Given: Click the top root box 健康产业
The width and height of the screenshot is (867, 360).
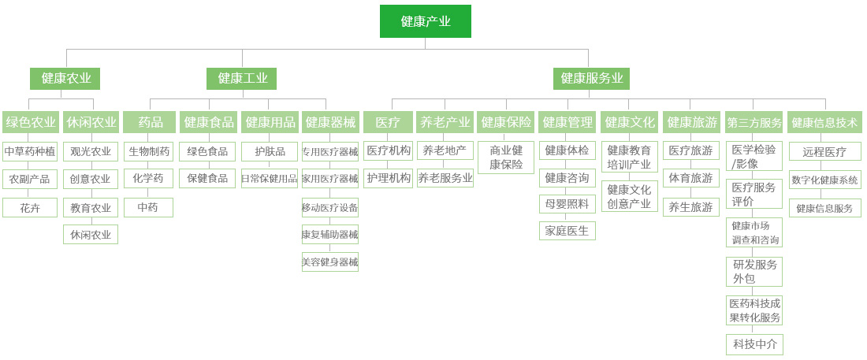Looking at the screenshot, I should point(425,21).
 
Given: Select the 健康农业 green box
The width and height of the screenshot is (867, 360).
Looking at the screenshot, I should point(66,78).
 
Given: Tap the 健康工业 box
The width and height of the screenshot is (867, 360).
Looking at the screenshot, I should point(242,78).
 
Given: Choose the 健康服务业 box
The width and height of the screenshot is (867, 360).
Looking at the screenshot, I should point(591,78).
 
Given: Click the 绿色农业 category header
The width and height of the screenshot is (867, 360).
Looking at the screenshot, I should point(31,122).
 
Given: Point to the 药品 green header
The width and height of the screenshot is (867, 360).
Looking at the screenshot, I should point(150,122).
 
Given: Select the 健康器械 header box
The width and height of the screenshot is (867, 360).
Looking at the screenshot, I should point(330,122).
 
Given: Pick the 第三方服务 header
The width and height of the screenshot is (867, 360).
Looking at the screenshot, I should point(754,122).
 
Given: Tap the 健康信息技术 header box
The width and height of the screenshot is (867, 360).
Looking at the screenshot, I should point(824,122).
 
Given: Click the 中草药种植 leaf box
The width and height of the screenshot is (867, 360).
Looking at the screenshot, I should point(30,151).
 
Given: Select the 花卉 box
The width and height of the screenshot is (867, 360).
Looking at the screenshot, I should point(30,208).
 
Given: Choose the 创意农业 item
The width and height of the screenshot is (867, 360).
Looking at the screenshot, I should point(91,180).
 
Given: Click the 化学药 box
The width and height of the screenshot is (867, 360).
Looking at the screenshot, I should point(148,179).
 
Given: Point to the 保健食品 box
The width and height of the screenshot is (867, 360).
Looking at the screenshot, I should point(207,179).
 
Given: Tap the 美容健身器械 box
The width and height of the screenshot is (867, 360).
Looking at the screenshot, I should point(330,262).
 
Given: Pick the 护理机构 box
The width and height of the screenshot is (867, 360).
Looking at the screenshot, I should point(389,179).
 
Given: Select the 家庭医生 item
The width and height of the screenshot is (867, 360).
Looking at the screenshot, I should point(567,231).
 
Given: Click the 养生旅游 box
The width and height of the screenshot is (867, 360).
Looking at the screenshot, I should point(691,207).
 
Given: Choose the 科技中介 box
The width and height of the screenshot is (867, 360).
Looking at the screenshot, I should point(754,344).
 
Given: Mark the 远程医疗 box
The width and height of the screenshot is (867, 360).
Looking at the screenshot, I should point(824,152).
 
